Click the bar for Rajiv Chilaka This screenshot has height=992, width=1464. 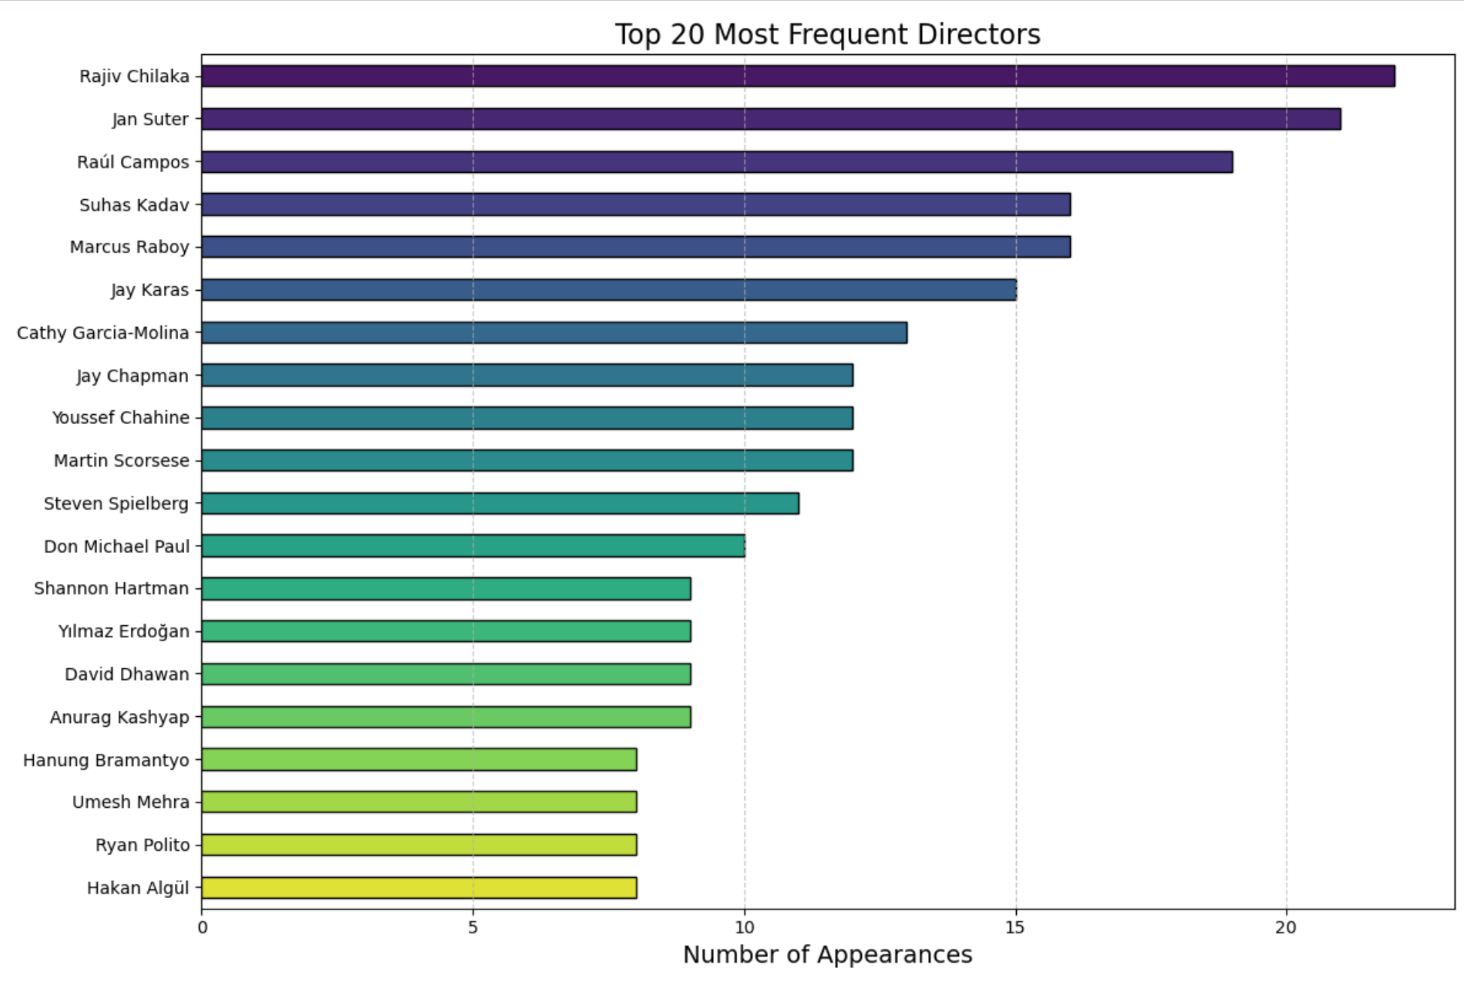coord(797,76)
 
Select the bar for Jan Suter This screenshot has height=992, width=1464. coord(770,119)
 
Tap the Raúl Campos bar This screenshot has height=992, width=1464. coord(716,162)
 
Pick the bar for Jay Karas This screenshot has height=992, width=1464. coord(608,289)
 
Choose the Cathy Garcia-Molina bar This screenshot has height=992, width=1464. coord(554,332)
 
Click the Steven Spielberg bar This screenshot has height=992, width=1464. coord(500,503)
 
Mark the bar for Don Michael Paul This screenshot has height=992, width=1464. coord(473,546)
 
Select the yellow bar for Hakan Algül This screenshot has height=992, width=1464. coord(419,888)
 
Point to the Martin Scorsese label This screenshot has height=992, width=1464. coord(121,461)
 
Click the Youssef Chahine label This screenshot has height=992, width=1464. coord(120,418)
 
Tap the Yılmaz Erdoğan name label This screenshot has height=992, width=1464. coord(123,631)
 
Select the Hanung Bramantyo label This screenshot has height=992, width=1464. coord(106,761)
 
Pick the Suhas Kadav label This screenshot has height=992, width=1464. coord(134,205)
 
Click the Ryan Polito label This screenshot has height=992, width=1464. coord(142,845)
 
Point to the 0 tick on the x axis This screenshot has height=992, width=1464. coord(202,927)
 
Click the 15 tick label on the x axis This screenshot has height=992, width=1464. coord(1015,927)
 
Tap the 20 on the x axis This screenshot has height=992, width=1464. coord(1286,927)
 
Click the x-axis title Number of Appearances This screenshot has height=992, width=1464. coord(827,954)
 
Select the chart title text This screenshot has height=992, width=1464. coord(827,35)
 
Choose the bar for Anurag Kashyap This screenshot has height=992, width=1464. coord(446,717)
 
